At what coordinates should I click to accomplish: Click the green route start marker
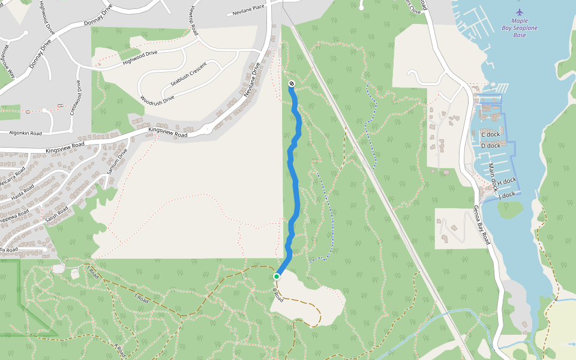point(277,277)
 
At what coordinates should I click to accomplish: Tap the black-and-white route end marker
point(291,83)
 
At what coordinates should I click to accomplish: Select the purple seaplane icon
point(520,12)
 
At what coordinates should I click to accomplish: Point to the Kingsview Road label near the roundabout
point(167,132)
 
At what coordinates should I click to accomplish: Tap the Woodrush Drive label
point(157,98)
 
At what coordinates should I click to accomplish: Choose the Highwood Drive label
point(139,57)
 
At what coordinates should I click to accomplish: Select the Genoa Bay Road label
point(481,225)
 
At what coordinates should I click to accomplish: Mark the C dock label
point(490,134)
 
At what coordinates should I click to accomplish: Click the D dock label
point(490,145)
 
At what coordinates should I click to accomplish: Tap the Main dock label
point(493,177)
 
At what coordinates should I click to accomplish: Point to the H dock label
point(506,181)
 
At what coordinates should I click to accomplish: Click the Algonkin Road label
point(25,133)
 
